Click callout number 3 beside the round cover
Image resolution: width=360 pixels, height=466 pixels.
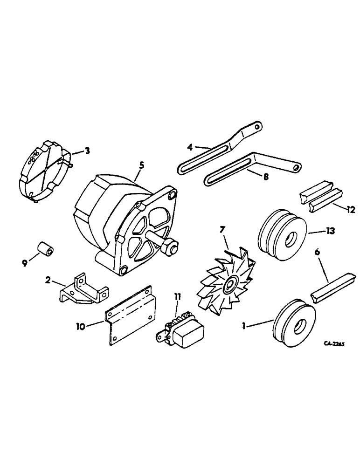[87, 151]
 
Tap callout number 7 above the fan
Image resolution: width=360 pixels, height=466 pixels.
[222, 229]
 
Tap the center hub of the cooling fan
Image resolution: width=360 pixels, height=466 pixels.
[229, 284]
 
